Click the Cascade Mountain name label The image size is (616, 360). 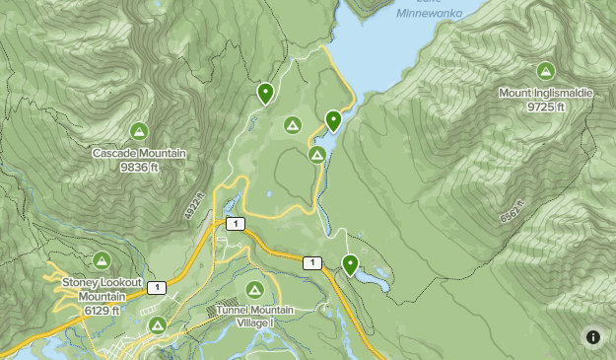(139, 154)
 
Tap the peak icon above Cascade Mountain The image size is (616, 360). (139, 131)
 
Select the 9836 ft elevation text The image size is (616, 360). (139, 167)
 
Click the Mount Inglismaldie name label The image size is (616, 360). (545, 94)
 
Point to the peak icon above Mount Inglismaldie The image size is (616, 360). (545, 71)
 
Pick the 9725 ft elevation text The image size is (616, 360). (545, 107)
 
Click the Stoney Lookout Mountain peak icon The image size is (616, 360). (102, 260)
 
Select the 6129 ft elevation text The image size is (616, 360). (102, 310)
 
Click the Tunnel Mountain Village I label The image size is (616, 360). (242, 316)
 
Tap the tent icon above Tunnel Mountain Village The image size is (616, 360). (254, 290)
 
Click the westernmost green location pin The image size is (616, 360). (265, 93)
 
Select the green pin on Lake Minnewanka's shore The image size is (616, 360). (333, 120)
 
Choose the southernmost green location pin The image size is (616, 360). (350, 263)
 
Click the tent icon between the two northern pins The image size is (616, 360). (292, 124)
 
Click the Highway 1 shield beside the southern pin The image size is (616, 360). (311, 262)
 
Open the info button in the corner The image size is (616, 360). (592, 337)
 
